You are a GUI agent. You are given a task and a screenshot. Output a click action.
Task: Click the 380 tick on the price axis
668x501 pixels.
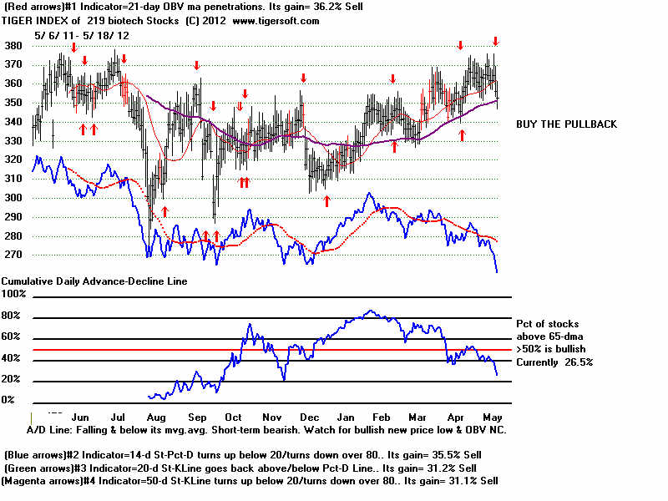point(13,45)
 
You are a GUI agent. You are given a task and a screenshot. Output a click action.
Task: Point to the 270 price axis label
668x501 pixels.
point(13,254)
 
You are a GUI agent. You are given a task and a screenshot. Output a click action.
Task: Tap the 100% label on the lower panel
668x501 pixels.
point(15,294)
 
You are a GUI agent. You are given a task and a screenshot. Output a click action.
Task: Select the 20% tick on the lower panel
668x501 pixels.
point(13,379)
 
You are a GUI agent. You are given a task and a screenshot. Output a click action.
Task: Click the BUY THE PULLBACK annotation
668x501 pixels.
point(566,124)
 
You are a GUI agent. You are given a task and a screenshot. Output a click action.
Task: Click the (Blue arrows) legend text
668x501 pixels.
point(39,454)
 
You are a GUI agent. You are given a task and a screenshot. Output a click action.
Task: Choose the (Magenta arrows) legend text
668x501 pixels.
point(48,481)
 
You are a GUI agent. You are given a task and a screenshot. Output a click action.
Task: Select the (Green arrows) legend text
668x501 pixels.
point(43,468)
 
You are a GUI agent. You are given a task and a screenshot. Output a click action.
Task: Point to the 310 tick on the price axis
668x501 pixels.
point(13,179)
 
